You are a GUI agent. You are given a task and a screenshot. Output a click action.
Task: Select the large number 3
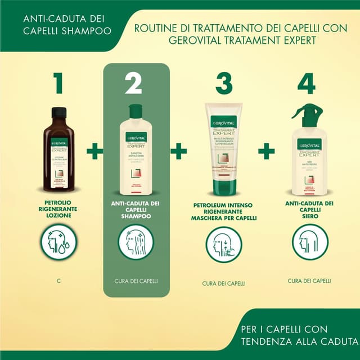[x=223, y=84]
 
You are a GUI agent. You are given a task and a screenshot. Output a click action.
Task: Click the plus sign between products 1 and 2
[x=95, y=150]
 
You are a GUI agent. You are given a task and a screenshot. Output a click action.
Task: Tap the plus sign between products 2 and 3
[x=178, y=150]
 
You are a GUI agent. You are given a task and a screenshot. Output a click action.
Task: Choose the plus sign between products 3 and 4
[x=266, y=150]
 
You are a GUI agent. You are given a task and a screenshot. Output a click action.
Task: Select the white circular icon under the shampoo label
[x=136, y=242]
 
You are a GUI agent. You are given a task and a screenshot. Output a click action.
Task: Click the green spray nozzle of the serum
[x=305, y=115]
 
